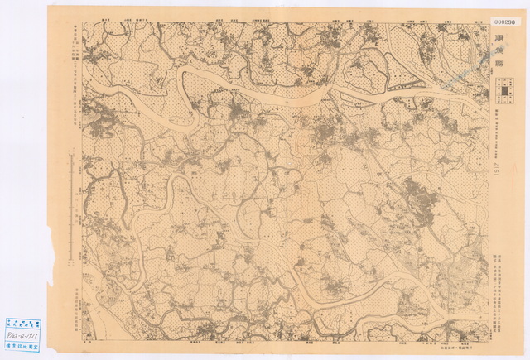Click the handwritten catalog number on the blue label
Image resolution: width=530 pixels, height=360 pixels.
pyautogui.click(x=22, y=338)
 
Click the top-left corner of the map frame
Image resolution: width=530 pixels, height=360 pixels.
pyautogui.click(x=82, y=22)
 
